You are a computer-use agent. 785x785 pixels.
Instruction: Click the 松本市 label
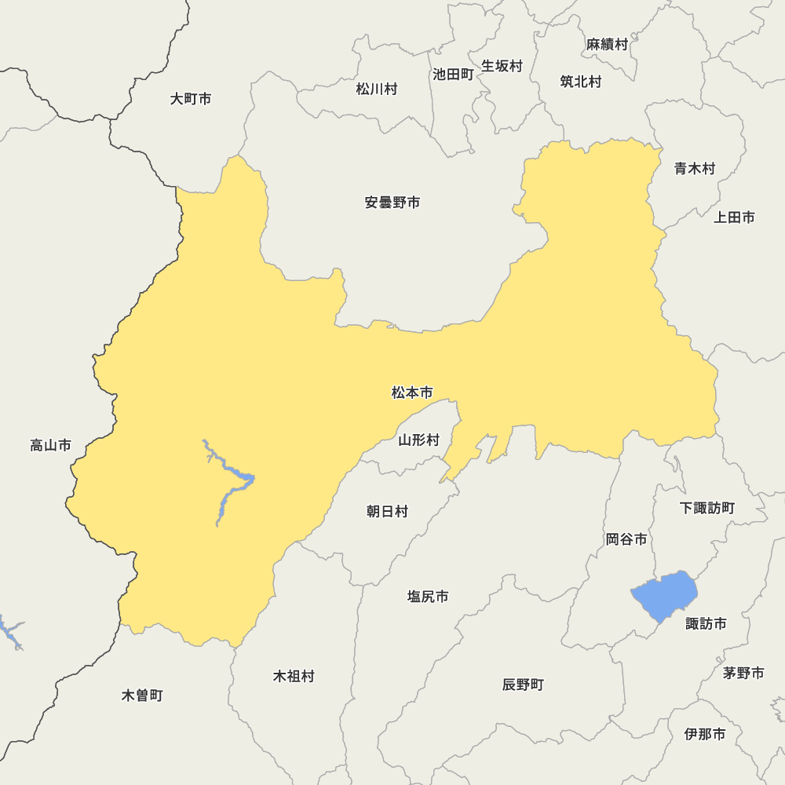pos(412,392)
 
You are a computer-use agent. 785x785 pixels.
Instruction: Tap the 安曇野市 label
pos(392,203)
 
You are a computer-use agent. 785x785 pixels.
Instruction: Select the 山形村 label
pos(418,440)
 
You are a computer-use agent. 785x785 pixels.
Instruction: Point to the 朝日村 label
pos(387,512)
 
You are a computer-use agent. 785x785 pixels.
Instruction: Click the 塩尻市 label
pos(428,597)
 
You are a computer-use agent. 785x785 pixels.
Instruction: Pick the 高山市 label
pos(50,446)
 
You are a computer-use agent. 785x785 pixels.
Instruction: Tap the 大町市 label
pos(191,99)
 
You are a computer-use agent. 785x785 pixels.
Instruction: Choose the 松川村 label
pos(377,89)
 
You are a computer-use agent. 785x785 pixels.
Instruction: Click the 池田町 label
pos(453,75)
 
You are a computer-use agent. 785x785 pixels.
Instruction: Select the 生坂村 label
pos(502,66)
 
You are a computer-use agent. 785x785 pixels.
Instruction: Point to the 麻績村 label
pos(608,45)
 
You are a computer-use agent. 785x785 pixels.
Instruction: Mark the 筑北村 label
pos(581,81)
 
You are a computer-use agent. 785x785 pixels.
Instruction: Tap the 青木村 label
pos(695,168)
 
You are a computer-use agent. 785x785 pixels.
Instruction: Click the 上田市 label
pos(734,217)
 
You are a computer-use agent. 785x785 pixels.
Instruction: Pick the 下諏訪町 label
pos(707,508)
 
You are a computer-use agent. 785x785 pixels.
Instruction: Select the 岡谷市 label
pos(626,539)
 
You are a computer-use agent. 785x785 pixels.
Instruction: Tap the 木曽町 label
pos(143,696)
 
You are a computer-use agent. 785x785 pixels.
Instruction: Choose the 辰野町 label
pos(523,685)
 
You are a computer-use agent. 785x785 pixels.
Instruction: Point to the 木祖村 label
pos(294,676)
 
